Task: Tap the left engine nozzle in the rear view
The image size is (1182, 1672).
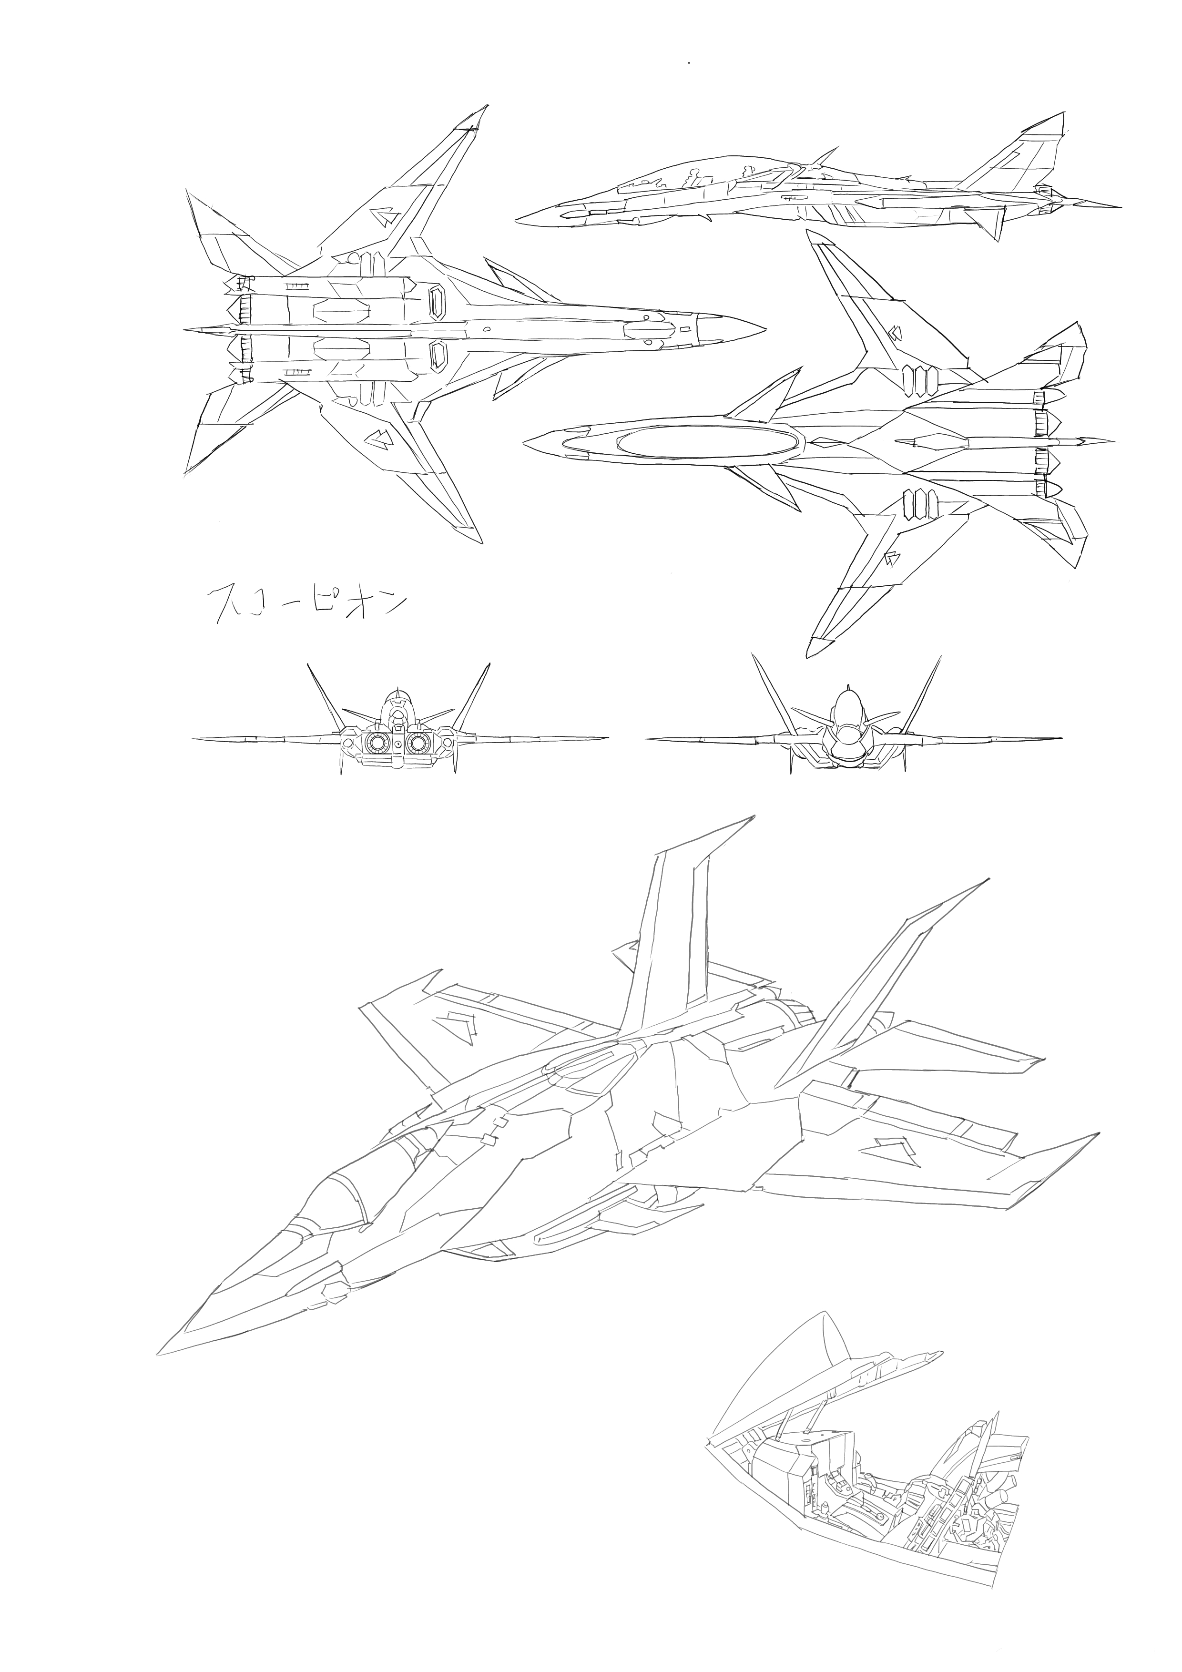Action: click(377, 743)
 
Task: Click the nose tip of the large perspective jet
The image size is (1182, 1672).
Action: click(160, 1353)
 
